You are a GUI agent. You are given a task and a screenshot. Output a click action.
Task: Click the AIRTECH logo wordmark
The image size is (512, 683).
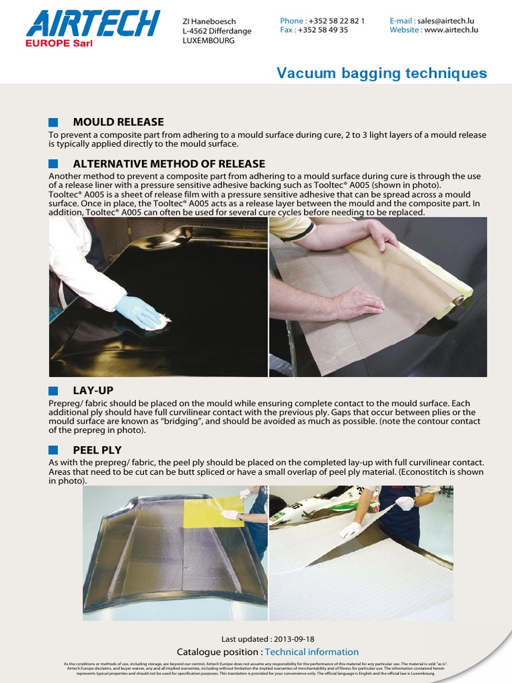pos(93,24)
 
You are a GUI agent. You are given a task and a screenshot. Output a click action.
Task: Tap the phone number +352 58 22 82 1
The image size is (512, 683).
pos(337,21)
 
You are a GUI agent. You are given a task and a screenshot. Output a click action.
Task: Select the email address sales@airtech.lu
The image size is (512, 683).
pos(446,21)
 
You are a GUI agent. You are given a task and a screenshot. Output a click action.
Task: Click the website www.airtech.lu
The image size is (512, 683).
pos(451,30)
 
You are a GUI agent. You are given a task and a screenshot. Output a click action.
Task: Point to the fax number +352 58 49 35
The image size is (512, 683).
pos(323,30)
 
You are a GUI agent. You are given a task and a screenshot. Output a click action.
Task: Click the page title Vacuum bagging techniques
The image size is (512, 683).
pos(381,73)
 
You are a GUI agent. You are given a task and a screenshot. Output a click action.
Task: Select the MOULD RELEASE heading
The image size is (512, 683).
pos(118,122)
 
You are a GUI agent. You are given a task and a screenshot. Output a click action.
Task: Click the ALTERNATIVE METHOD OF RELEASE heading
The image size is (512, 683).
pos(169,164)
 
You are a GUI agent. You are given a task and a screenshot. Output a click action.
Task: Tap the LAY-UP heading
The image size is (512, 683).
pos(93,390)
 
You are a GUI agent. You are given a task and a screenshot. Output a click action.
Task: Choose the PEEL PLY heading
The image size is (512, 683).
pos(97,450)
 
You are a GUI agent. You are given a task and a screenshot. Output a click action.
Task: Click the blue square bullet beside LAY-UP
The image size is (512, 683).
pos(53,390)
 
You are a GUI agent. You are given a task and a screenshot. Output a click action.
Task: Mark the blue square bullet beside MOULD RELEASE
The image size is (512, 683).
pos(53,122)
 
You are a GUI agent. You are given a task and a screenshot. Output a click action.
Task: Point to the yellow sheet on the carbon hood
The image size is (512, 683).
pos(213,512)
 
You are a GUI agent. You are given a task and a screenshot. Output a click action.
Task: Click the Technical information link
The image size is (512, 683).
pos(311,652)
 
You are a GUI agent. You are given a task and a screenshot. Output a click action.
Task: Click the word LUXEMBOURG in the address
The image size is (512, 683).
pos(208,40)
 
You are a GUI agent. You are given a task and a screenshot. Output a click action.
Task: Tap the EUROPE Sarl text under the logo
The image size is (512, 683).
pos(59,43)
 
